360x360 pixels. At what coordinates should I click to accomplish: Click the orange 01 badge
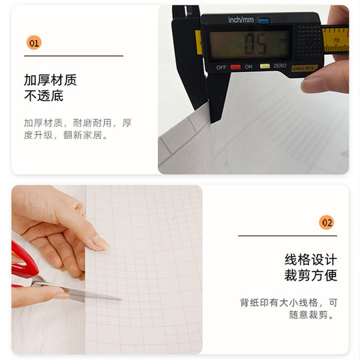pyautogui.click(x=34, y=43)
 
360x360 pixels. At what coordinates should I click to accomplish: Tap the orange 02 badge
pyautogui.click(x=327, y=222)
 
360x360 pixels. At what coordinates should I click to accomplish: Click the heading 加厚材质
pyautogui.click(x=50, y=80)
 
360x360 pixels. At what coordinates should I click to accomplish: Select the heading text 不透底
pyautogui.click(x=43, y=96)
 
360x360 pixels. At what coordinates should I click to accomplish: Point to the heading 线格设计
pyautogui.click(x=311, y=259)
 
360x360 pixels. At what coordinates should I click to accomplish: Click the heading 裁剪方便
pyautogui.click(x=311, y=275)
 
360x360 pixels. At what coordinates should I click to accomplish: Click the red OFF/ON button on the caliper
pyautogui.click(x=235, y=67)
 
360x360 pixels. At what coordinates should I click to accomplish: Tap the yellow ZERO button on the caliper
pyautogui.click(x=265, y=67)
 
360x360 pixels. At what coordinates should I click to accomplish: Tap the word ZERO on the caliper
pyautogui.click(x=280, y=67)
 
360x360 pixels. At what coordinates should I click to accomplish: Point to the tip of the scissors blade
pyautogui.click(x=120, y=298)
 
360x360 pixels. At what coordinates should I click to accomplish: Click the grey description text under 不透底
pyautogui.click(x=77, y=129)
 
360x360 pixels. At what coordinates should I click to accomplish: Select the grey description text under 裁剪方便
pyautogui.click(x=289, y=308)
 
